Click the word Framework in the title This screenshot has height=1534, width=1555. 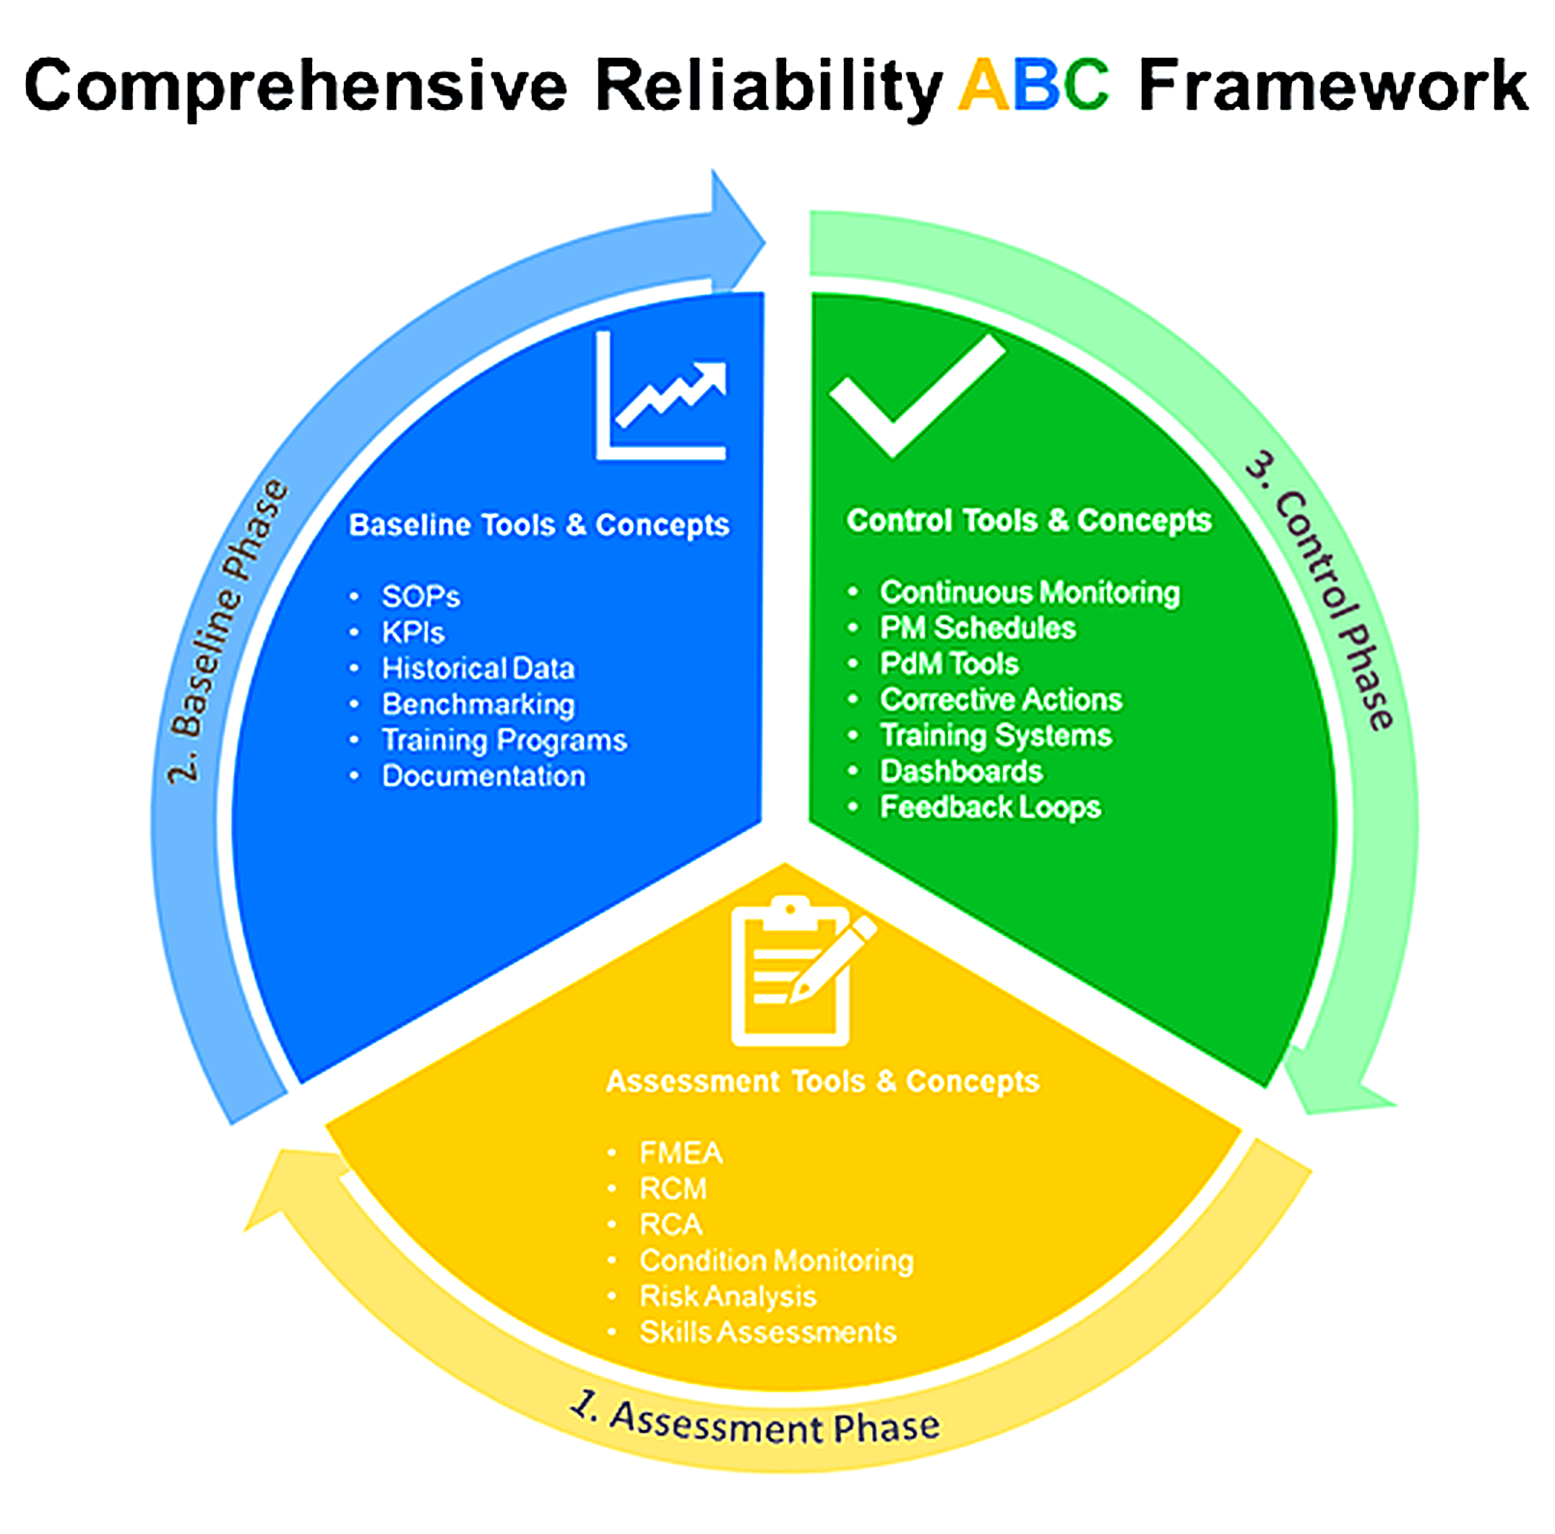[x=1332, y=86]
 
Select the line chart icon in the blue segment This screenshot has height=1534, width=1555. [x=661, y=397]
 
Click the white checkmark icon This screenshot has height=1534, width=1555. [x=915, y=395]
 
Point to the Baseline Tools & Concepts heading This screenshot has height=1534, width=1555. [x=539, y=525]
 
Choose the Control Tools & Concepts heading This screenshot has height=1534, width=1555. [x=1029, y=520]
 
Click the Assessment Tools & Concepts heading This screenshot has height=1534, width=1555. [x=822, y=1081]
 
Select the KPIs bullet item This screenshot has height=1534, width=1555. [x=413, y=633]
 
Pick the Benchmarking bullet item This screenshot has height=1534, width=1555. [x=478, y=705]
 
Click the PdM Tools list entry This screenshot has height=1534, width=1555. [x=949, y=663]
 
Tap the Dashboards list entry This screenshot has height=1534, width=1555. [x=962, y=771]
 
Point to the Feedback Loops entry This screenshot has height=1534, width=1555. [x=990, y=807]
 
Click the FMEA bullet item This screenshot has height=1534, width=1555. [x=681, y=1153]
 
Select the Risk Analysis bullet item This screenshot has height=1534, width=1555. [x=727, y=1296]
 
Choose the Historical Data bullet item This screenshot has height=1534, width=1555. [x=478, y=668]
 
